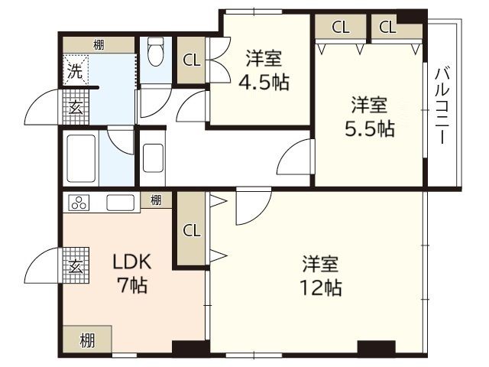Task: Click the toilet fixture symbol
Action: (x=157, y=53)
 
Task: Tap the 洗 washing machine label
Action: (x=74, y=73)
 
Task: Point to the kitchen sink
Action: (x=122, y=203)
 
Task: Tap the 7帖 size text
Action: (x=132, y=287)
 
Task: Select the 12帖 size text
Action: (x=320, y=288)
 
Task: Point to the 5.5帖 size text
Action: (x=369, y=128)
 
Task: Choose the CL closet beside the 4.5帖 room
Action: (x=192, y=60)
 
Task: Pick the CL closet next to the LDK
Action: (x=192, y=230)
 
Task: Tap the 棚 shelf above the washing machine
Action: (x=99, y=44)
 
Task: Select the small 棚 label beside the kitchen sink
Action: (x=156, y=201)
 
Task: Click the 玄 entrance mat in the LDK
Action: (x=76, y=267)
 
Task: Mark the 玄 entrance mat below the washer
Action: (x=76, y=108)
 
